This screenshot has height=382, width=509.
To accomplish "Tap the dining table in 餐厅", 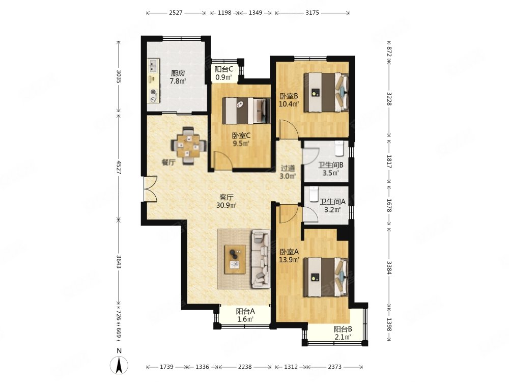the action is [189, 146].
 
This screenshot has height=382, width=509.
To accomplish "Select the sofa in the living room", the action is [261, 259].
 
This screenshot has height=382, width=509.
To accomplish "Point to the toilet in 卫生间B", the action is [339, 148].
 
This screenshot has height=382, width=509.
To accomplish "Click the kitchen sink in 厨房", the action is [153, 66].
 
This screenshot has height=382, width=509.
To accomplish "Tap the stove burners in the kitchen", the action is [153, 95].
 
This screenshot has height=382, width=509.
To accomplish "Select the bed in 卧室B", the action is [326, 93].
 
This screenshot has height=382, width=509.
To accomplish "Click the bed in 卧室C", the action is [246, 111].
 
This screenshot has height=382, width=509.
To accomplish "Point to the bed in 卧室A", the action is [326, 277].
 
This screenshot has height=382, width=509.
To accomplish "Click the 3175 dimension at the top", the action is [313, 13].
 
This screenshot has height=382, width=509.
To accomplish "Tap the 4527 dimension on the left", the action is [119, 168].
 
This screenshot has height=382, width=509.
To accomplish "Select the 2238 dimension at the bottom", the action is [245, 367].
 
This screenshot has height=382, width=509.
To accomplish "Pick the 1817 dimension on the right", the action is [389, 161].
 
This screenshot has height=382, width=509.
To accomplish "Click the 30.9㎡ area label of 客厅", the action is [226, 205].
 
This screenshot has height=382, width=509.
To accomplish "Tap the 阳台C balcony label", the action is [224, 69].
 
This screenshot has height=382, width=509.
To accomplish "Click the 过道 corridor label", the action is [288, 168].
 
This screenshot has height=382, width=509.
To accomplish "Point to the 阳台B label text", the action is [343, 329].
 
